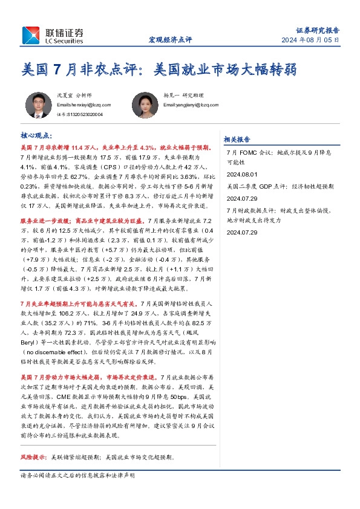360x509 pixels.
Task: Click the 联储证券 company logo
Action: click(51, 34)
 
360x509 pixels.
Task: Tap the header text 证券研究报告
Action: click(318, 29)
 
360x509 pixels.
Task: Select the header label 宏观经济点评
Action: click(170, 40)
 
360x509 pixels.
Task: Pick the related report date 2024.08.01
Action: click(241, 173)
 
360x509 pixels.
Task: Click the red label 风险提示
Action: click(34, 457)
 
